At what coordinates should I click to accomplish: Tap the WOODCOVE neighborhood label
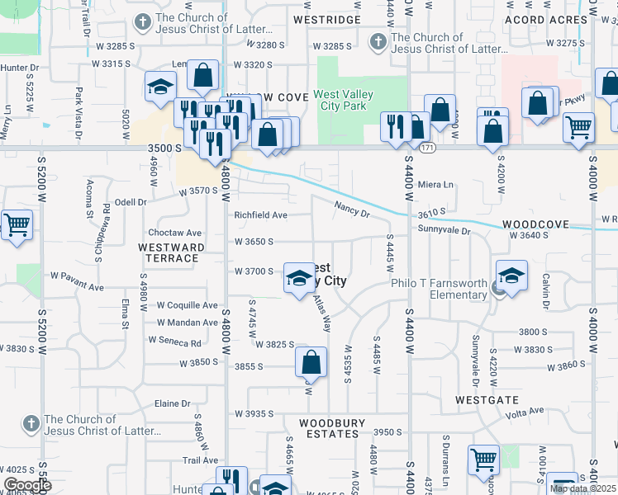535,224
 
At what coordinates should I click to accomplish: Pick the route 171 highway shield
426,148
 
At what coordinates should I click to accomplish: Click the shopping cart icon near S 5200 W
17,224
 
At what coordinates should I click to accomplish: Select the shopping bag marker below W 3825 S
311,362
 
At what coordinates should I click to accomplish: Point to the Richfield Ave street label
261,215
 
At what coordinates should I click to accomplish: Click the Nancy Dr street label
352,210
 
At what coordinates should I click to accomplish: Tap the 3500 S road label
164,148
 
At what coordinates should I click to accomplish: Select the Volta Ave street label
525,410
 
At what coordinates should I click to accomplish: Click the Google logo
27,485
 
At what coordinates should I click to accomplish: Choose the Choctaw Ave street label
175,233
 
